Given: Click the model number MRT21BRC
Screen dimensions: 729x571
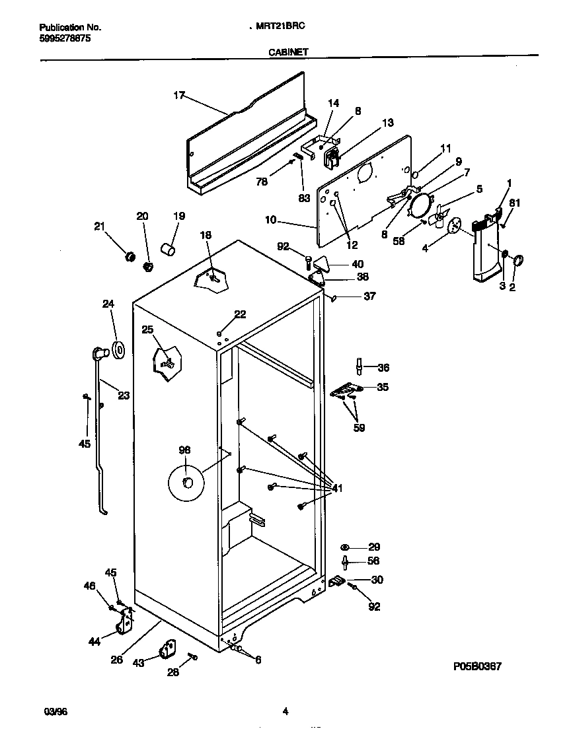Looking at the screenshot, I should (x=281, y=27).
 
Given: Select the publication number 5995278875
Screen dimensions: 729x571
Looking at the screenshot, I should (x=65, y=38).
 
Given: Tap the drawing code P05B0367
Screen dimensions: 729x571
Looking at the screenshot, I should (x=474, y=668).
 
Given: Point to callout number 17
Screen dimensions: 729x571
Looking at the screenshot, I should (x=178, y=96).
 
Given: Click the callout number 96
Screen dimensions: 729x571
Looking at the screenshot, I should (x=184, y=450).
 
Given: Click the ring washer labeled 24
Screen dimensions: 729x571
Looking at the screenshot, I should (x=120, y=351).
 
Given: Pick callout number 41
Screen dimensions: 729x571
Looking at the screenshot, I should (x=337, y=489).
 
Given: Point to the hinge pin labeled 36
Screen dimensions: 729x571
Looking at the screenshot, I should (x=359, y=365).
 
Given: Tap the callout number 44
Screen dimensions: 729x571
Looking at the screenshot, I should (x=95, y=641).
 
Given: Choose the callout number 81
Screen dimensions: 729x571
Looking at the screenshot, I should (x=514, y=203).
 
